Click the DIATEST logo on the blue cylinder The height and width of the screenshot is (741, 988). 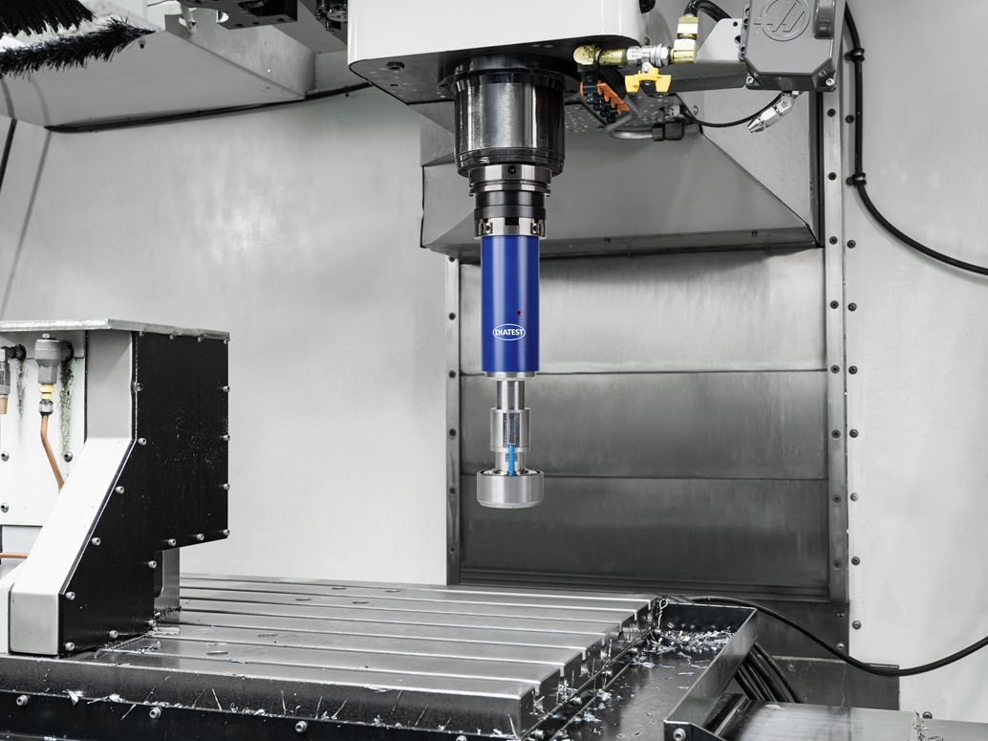[508, 332]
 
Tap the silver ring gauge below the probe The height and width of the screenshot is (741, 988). [510, 488]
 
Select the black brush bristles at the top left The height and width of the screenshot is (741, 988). [63, 42]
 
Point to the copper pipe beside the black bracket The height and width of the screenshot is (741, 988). [51, 447]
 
